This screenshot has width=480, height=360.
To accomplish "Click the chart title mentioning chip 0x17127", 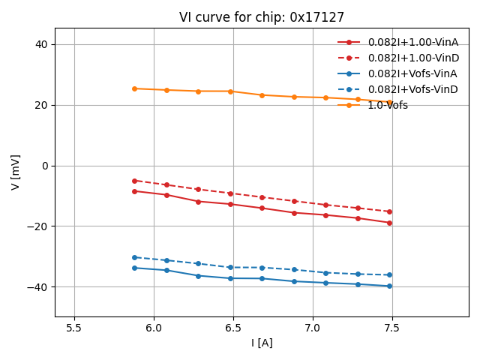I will coord(262,17).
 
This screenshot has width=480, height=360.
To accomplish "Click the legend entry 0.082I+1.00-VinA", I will coord(412,42).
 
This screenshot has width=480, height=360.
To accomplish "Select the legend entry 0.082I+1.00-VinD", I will coord(412,58).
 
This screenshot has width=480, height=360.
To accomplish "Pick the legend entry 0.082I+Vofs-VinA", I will coord(412,73).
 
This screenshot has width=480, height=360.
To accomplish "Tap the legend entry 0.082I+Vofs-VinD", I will coord(412,89).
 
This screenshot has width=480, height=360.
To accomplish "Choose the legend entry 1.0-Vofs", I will coord(388,105).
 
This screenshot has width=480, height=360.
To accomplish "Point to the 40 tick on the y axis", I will coord(42,44).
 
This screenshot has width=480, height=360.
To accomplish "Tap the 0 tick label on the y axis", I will coord(45,166).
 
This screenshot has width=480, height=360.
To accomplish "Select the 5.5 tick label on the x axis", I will coord(74,328).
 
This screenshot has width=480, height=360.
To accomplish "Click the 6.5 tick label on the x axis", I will coord(233,328).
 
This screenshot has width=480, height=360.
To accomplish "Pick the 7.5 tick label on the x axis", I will coord(392,328).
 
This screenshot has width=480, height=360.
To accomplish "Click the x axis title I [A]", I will coord(262,343).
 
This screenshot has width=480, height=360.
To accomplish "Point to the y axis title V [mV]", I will coord(16,172).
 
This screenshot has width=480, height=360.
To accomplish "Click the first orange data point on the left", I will coord(134,88).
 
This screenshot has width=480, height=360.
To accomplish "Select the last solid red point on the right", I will coord(389,223).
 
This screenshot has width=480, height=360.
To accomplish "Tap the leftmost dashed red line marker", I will coord(134,181).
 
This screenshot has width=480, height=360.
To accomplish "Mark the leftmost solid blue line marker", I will coord(134,268).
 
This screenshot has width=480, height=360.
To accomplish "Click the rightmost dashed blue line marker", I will coord(389,274).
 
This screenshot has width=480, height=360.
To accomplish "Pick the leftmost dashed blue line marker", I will coord(134,257).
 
